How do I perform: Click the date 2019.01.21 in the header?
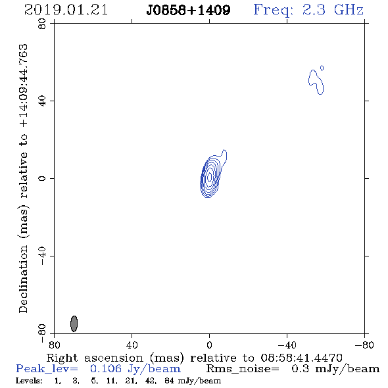click(x=66, y=10)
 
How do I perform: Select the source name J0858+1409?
click(x=188, y=11)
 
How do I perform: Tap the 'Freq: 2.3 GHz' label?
click(x=308, y=10)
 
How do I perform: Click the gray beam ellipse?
click(x=74, y=324)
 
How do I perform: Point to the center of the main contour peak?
click(x=210, y=177)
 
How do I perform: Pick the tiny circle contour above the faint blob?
click(x=322, y=68)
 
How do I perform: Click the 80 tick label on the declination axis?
click(x=42, y=24)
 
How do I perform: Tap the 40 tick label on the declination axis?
click(x=42, y=101)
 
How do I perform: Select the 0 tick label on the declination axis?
click(x=42, y=178)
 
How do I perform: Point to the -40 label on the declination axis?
click(x=42, y=256)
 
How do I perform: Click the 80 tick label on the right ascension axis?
click(x=54, y=345)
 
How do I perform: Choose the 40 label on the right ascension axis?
click(x=132, y=345)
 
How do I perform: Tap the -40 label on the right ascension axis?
click(x=287, y=345)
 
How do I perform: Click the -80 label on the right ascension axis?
click(x=364, y=345)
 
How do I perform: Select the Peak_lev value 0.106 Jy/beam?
click(x=135, y=369)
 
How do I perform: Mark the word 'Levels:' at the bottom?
click(x=29, y=381)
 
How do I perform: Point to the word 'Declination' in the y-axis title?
click(x=23, y=279)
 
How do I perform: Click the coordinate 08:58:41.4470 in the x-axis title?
click(x=301, y=358)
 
